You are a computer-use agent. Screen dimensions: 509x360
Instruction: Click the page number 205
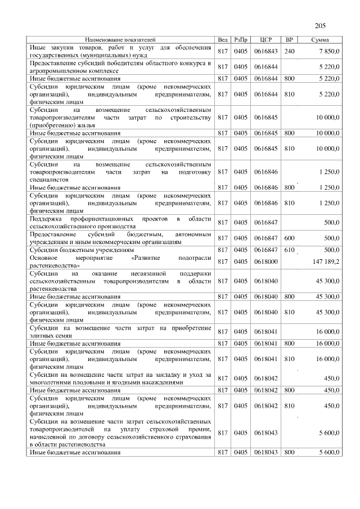tap(321, 25)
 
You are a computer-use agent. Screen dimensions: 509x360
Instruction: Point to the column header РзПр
tap(241, 40)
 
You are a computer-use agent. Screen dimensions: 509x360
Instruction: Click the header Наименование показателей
tap(120, 40)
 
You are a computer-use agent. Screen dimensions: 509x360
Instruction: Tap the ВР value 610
tap(290, 249)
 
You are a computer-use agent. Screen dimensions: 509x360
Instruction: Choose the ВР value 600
tap(290, 238)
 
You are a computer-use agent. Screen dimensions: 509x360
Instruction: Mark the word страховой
tap(165, 429)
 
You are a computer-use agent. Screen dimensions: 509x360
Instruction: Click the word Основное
tap(44, 258)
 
